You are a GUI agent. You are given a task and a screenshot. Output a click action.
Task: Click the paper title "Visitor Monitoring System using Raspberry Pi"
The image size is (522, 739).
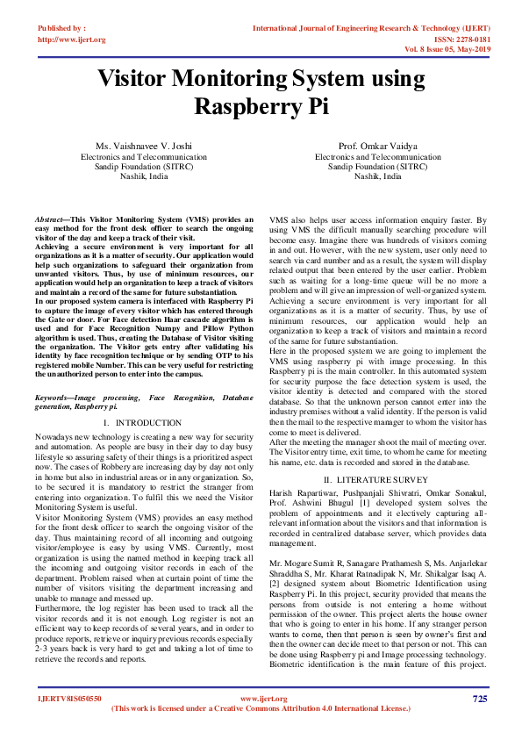[x=261, y=92]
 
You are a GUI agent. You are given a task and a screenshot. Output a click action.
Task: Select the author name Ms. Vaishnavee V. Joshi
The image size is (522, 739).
[x=144, y=146]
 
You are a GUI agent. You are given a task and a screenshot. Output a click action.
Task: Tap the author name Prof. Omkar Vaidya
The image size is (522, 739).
[x=378, y=146]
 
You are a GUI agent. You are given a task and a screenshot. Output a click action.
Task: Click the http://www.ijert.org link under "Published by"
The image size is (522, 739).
[x=72, y=40]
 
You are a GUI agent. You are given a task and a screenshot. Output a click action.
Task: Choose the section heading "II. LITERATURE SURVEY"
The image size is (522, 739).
[x=377, y=480]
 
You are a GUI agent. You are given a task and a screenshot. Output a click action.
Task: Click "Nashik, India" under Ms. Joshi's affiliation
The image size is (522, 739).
[x=144, y=176]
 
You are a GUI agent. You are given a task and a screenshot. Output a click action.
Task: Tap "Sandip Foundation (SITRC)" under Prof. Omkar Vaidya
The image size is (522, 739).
[x=378, y=166]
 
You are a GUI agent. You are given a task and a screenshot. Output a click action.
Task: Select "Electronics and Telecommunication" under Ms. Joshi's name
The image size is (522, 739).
[x=144, y=156]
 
